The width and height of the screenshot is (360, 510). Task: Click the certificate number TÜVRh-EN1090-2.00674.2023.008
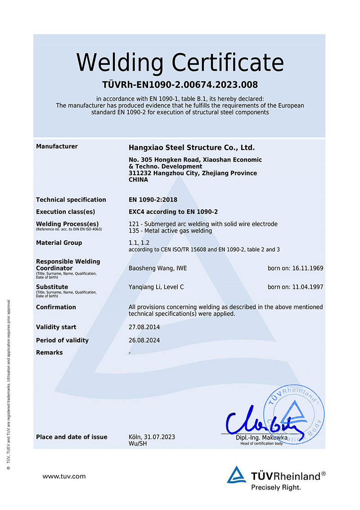[180, 85]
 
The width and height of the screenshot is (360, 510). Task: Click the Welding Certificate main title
[180, 62]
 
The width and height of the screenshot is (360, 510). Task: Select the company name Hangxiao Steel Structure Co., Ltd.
[192, 148]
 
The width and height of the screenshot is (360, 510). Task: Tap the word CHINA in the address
[138, 180]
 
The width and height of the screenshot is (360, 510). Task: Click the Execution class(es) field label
[65, 212]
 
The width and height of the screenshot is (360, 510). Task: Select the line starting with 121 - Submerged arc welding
[203, 224]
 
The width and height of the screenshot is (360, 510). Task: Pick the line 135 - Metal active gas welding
[170, 231]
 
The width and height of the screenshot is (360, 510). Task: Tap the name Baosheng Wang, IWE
[157, 268]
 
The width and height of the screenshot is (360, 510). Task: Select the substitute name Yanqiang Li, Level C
[156, 287]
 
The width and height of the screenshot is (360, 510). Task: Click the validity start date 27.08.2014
[144, 327]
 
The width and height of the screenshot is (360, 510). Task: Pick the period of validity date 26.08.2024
[144, 340]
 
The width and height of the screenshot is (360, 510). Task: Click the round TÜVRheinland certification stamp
[292, 412]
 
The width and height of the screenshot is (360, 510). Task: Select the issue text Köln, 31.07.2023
[152, 437]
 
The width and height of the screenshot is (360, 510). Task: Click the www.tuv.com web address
[64, 476]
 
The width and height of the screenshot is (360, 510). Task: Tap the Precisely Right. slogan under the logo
[276, 487]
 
